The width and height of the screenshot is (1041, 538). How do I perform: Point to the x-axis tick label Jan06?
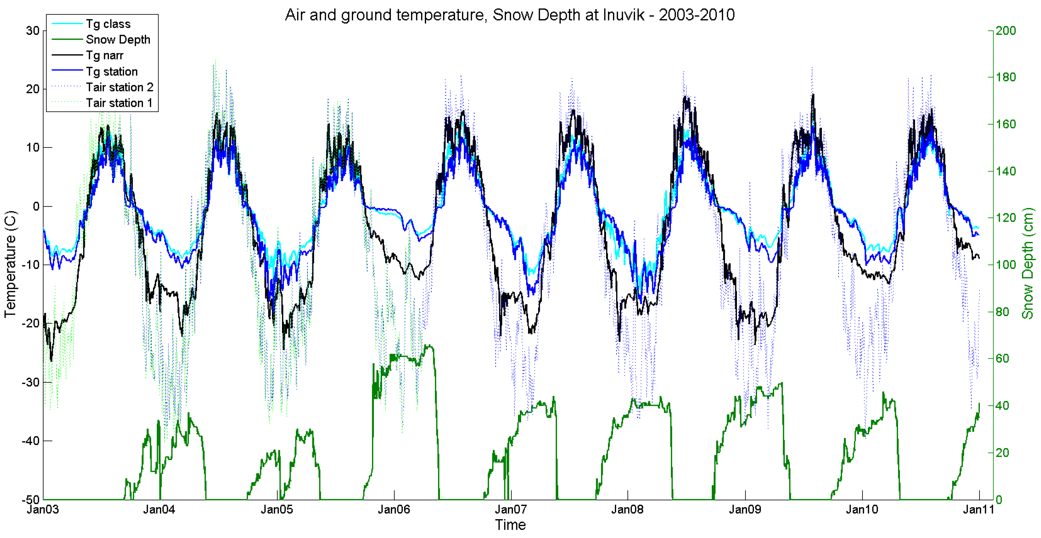(x=394, y=510)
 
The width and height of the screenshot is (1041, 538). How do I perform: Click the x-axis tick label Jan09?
(x=745, y=510)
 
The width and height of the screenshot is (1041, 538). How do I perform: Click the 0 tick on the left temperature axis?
(x=36, y=206)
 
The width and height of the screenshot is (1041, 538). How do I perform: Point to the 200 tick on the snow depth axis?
(x=1005, y=31)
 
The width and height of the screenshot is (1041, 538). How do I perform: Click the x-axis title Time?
(x=510, y=525)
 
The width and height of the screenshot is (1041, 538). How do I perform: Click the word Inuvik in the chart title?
(x=624, y=15)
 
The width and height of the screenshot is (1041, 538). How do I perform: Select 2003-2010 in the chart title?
(x=696, y=15)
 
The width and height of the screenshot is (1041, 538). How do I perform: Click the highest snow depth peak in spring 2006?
(x=429, y=346)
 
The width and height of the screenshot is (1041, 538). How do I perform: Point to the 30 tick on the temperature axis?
(x=33, y=31)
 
